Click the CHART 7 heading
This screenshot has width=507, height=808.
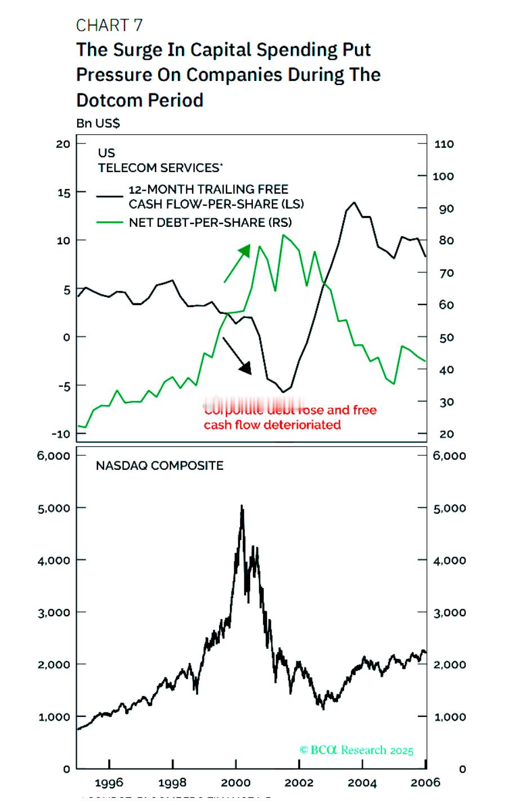(x=109, y=25)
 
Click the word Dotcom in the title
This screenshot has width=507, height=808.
(x=108, y=100)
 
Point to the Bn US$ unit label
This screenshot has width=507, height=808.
(x=98, y=123)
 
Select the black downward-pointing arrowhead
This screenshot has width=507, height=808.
(x=245, y=368)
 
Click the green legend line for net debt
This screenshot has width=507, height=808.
(x=109, y=222)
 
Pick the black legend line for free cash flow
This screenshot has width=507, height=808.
(x=109, y=196)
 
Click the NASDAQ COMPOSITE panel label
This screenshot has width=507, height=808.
(x=159, y=465)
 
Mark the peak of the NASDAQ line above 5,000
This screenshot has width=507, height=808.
(x=242, y=506)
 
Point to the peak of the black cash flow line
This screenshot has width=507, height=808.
(x=354, y=203)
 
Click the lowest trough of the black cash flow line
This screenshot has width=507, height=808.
(x=283, y=392)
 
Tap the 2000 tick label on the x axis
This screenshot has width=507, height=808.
(x=235, y=783)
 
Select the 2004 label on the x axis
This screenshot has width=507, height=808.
(x=362, y=783)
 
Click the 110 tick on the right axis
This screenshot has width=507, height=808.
(x=444, y=144)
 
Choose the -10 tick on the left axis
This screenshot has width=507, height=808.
(x=61, y=434)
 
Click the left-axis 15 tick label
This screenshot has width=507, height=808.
(x=63, y=192)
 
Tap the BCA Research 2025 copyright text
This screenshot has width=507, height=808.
(x=357, y=750)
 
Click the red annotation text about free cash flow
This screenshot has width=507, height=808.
(x=273, y=424)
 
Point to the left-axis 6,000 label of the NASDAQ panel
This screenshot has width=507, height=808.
(x=54, y=455)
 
